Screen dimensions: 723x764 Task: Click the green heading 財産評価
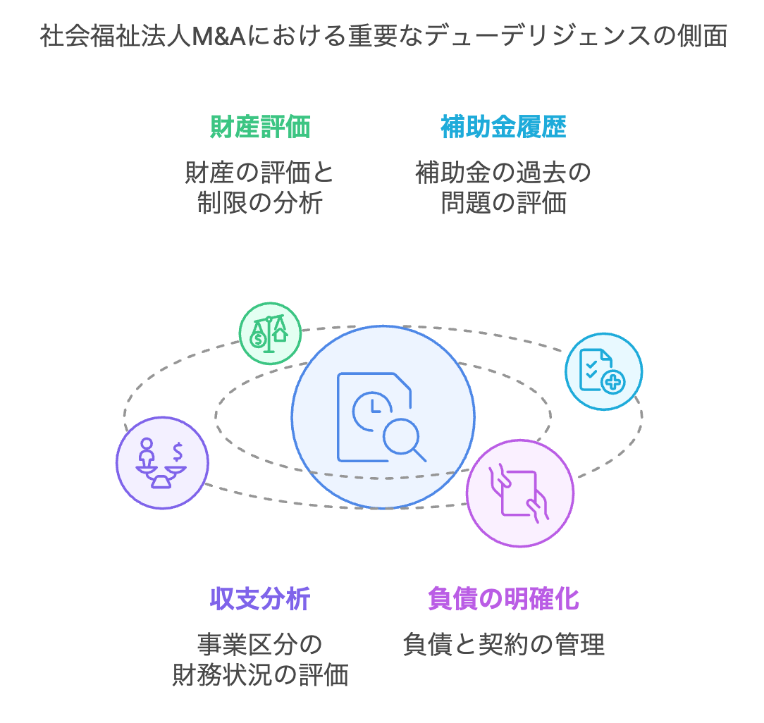pyautogui.click(x=261, y=128)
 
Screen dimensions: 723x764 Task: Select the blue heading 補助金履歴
pyautogui.click(x=503, y=128)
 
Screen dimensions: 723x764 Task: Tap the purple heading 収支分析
pyautogui.click(x=260, y=599)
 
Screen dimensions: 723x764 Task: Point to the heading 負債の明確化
pyautogui.click(x=503, y=599)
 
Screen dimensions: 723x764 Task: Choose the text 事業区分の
pyautogui.click(x=260, y=644)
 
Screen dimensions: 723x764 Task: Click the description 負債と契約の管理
pyautogui.click(x=503, y=644)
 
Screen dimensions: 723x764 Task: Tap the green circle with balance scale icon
pyautogui.click(x=270, y=333)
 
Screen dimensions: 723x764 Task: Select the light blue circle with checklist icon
pyautogui.click(x=603, y=371)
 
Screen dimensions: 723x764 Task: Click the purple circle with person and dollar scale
pyautogui.click(x=162, y=462)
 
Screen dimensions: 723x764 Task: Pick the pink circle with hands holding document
pyautogui.click(x=520, y=493)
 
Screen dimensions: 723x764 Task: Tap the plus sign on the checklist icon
pyautogui.click(x=613, y=382)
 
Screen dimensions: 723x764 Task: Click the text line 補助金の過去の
pyautogui.click(x=503, y=172)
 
